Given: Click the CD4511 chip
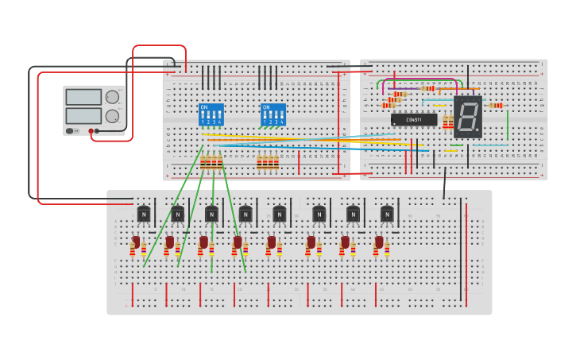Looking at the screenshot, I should (414, 120).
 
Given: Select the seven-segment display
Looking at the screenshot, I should (468, 117).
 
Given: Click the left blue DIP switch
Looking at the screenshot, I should (211, 114).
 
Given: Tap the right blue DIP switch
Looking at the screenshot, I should (273, 114).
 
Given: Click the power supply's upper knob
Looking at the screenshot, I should (113, 98).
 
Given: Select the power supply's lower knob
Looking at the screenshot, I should (113, 116).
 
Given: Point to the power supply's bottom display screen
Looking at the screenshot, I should (83, 116).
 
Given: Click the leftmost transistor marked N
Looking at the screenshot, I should (144, 214).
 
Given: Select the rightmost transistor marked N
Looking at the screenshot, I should (387, 214).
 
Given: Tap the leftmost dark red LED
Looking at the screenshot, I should (136, 242).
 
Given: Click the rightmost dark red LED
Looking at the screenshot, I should (379, 242).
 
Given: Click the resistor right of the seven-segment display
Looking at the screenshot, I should (496, 105).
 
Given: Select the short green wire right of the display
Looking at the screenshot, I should (508, 123).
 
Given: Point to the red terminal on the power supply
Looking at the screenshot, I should (91, 131).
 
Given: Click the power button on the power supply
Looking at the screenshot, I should (70, 131).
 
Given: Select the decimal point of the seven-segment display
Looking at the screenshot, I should (478, 132).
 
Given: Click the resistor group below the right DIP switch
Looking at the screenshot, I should (268, 163).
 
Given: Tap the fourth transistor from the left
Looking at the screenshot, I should (245, 214).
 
